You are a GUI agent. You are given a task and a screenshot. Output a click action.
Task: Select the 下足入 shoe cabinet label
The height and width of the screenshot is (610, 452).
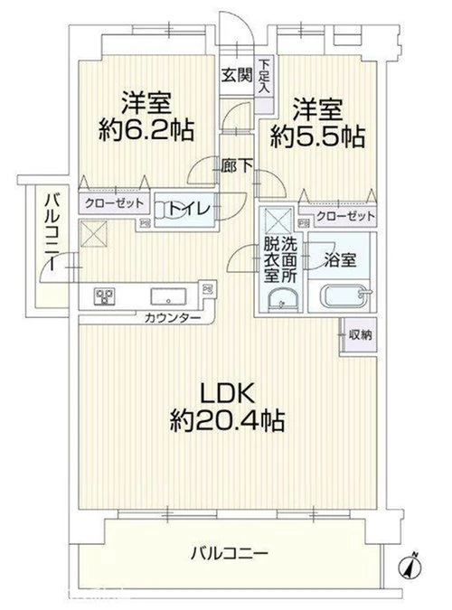pyautogui.click(x=264, y=76)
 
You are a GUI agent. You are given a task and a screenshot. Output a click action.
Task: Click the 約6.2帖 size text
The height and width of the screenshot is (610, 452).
pyautogui.click(x=146, y=130)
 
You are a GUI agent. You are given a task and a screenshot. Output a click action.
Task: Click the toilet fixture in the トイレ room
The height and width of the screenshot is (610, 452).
pyautogui.click(x=165, y=210)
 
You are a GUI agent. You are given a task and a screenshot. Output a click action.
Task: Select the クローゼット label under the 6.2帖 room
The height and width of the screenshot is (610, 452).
pyautogui.click(x=114, y=203)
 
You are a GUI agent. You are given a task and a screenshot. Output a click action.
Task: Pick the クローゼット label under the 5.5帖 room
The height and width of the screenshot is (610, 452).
pyautogui.click(x=345, y=216)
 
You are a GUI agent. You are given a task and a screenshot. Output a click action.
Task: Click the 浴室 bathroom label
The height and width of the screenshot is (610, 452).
pyautogui.click(x=340, y=260)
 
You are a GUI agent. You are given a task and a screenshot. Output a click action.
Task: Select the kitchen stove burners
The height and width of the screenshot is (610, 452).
pyautogui.click(x=104, y=296)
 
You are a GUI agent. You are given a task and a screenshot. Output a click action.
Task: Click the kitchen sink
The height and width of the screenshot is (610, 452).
pyautogui.click(x=168, y=296)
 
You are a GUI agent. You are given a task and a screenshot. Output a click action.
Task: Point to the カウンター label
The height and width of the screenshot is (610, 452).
pyautogui.click(x=173, y=319)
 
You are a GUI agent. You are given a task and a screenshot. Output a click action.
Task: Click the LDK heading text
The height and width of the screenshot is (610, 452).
pyautogui.click(x=227, y=393)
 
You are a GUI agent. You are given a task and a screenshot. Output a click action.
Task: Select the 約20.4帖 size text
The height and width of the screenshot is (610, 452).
pyautogui.click(x=227, y=420)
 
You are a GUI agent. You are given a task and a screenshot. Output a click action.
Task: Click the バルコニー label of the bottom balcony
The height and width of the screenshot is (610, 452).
pyautogui.click(x=229, y=553)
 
